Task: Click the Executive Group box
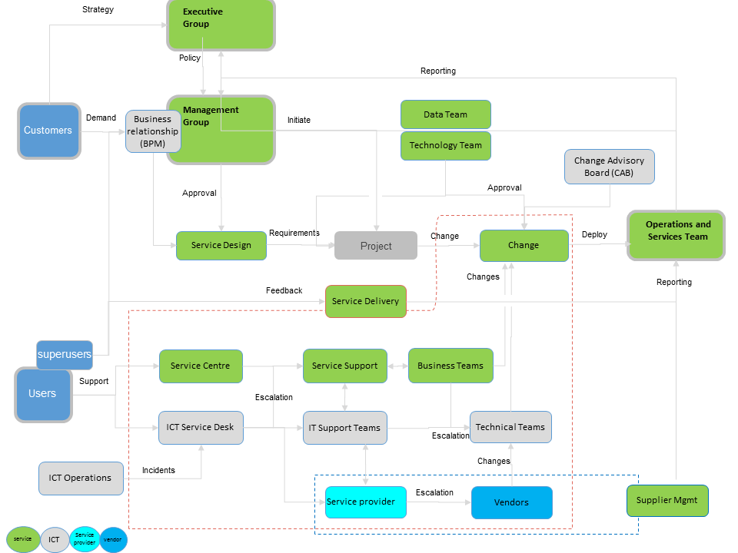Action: pyautogui.click(x=221, y=25)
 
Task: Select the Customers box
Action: pyautogui.click(x=49, y=131)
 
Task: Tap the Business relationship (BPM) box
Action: pyautogui.click(x=153, y=131)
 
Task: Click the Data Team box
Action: pyautogui.click(x=446, y=114)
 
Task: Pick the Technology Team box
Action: pyautogui.click(x=446, y=146)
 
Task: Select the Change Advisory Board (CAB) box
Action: pyautogui.click(x=609, y=167)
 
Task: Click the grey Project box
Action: pyautogui.click(x=376, y=246)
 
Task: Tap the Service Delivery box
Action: pyautogui.click(x=366, y=301)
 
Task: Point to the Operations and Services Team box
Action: pyautogui.click(x=676, y=235)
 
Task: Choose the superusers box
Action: pyautogui.click(x=65, y=355)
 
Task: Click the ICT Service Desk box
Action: pyautogui.click(x=201, y=428)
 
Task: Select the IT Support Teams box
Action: pyautogui.click(x=345, y=428)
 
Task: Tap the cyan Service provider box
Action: pyautogui.click(x=366, y=502)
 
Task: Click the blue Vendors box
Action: pyautogui.click(x=512, y=502)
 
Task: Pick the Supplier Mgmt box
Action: pyautogui.click(x=667, y=500)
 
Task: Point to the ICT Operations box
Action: pyautogui.click(x=81, y=478)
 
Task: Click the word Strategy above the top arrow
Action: pyautogui.click(x=98, y=9)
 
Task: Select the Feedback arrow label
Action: pyautogui.click(x=284, y=290)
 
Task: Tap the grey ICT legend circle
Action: pyautogui.click(x=55, y=539)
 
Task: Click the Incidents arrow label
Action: pyautogui.click(x=158, y=470)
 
